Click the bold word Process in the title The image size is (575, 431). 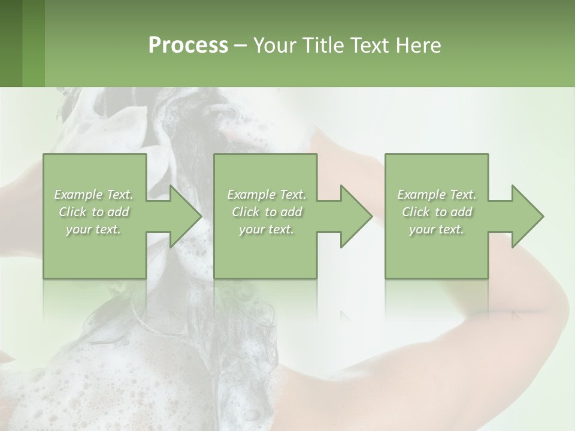point(188,45)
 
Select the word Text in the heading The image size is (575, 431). point(370,45)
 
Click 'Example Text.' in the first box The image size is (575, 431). point(94,195)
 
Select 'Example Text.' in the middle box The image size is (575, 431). point(267,195)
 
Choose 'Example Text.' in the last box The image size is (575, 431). point(437,195)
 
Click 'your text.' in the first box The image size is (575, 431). point(94,229)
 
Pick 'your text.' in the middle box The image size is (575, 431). point(267,229)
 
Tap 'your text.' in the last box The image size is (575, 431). point(437,229)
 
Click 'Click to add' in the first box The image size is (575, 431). point(94,212)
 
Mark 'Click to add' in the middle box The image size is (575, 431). point(267,212)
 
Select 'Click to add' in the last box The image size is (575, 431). point(437,212)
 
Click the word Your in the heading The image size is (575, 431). point(273,45)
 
